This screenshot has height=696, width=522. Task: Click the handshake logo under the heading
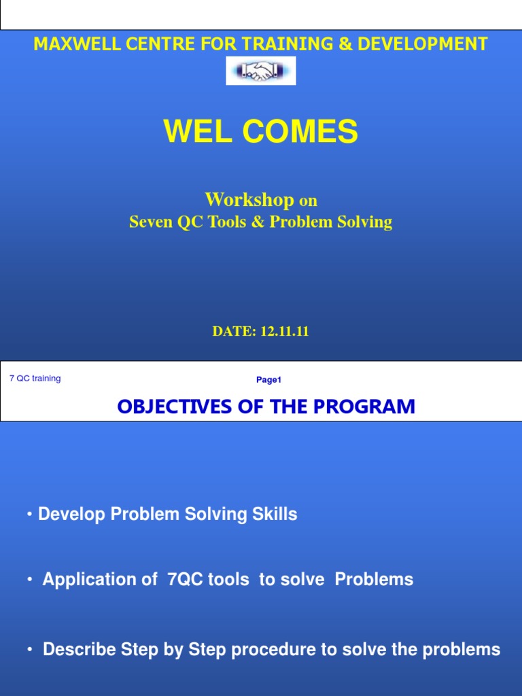click(261, 71)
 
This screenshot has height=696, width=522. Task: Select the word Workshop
click(249, 200)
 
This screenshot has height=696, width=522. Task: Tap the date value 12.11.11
click(282, 332)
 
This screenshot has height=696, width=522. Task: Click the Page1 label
click(268, 380)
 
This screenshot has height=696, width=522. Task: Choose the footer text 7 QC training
click(35, 379)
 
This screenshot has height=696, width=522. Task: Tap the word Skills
click(275, 515)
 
